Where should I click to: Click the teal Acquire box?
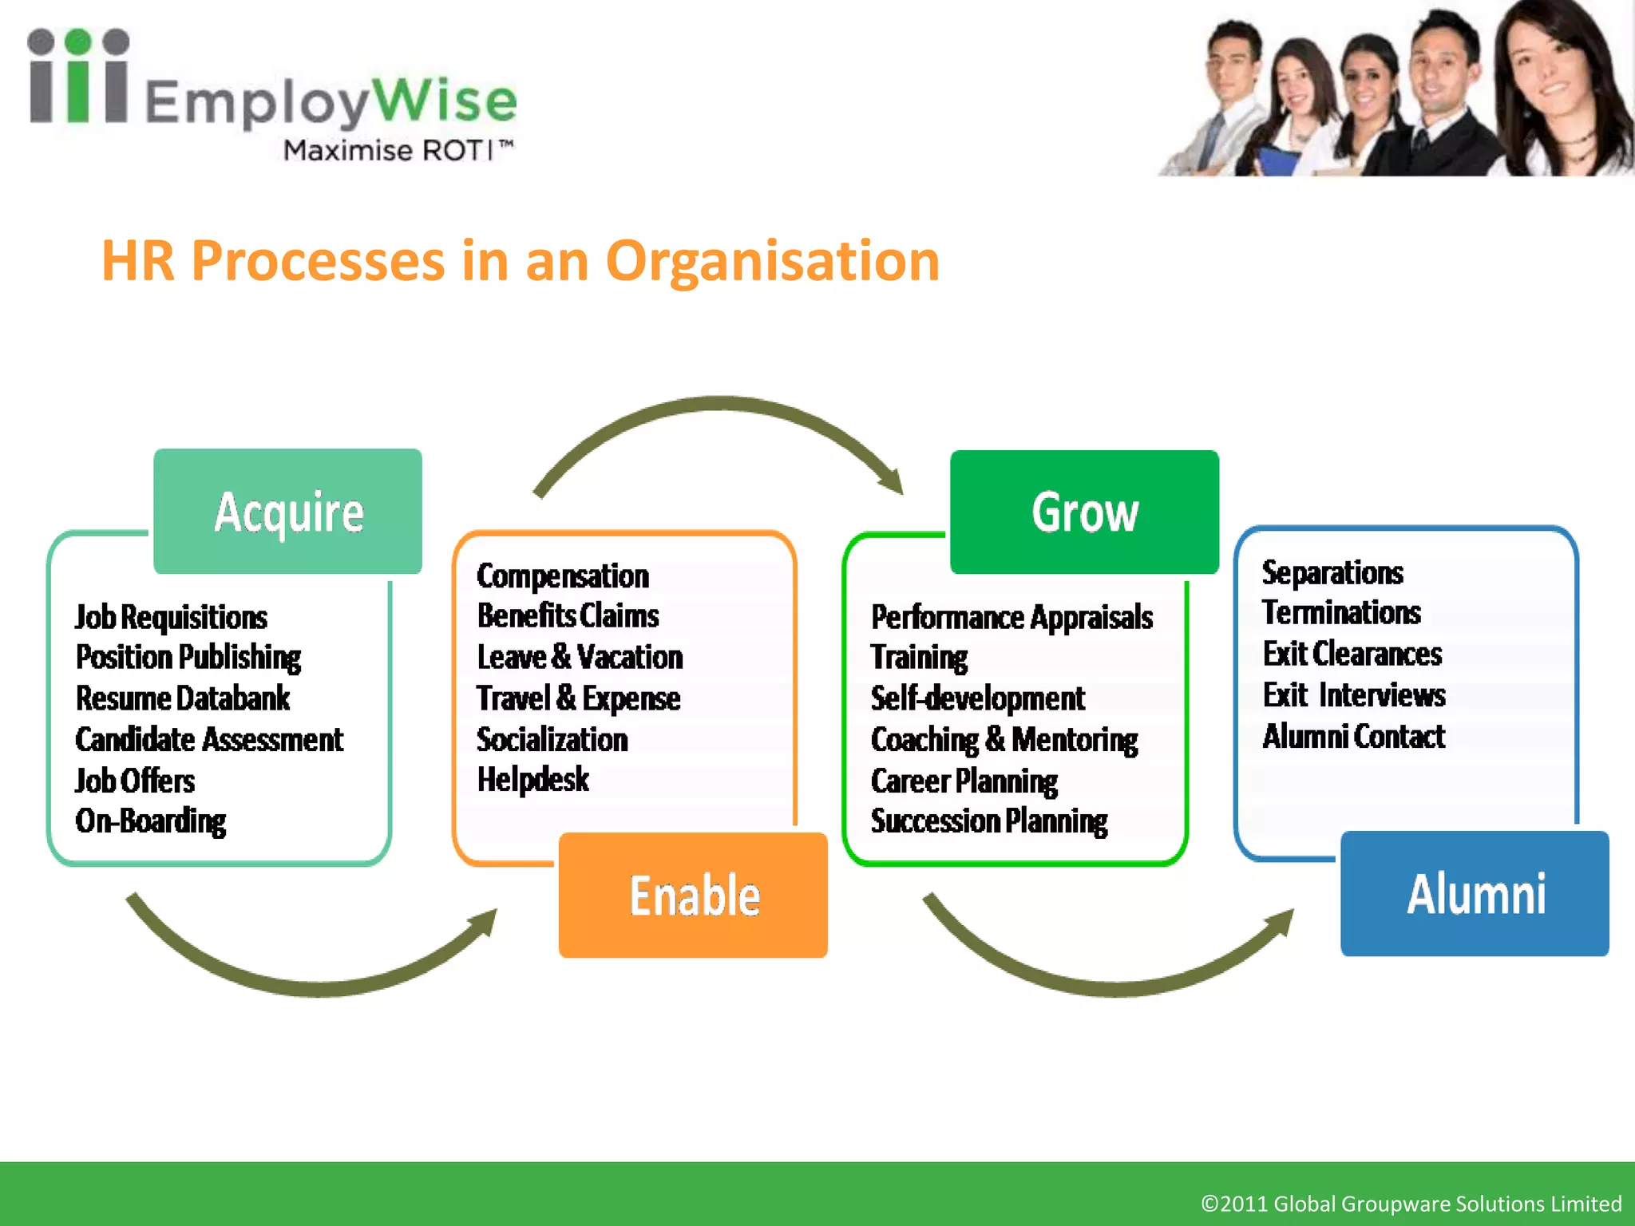click(x=287, y=512)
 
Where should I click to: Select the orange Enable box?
click(x=693, y=895)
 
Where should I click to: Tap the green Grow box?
click(x=1084, y=512)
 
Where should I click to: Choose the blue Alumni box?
click(x=1475, y=893)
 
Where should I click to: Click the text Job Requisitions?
click(x=171, y=617)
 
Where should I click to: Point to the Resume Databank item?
click(x=182, y=698)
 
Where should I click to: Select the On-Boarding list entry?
click(x=150, y=821)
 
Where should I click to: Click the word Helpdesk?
click(x=532, y=780)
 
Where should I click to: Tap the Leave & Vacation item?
click(x=580, y=657)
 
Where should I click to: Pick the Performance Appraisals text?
click(x=1011, y=617)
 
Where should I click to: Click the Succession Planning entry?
click(x=989, y=821)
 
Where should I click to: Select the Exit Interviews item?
click(x=1354, y=695)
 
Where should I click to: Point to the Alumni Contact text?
click(x=1353, y=736)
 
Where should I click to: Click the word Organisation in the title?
click(x=772, y=261)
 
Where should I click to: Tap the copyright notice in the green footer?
click(x=1411, y=1203)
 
